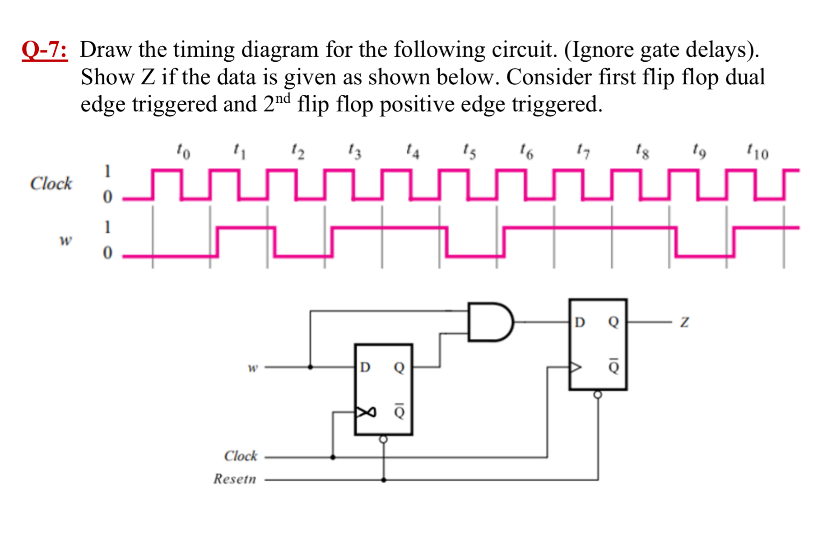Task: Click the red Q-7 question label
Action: tap(45, 50)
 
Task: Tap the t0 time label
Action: tap(183, 151)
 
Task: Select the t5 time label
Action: tap(469, 151)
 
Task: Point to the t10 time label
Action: tap(757, 151)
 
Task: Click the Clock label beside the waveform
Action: tap(51, 184)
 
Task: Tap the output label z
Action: tap(684, 322)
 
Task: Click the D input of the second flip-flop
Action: tap(580, 322)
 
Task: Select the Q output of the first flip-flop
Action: tap(399, 367)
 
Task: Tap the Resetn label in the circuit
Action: tap(235, 479)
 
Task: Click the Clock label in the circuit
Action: tap(241, 456)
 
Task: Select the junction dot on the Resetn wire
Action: tap(384, 480)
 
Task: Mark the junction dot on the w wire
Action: tap(310, 367)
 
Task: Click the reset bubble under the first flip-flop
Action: tap(383, 439)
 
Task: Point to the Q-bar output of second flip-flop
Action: tap(613, 366)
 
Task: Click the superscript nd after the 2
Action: tap(283, 98)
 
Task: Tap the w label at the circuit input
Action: tap(253, 368)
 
